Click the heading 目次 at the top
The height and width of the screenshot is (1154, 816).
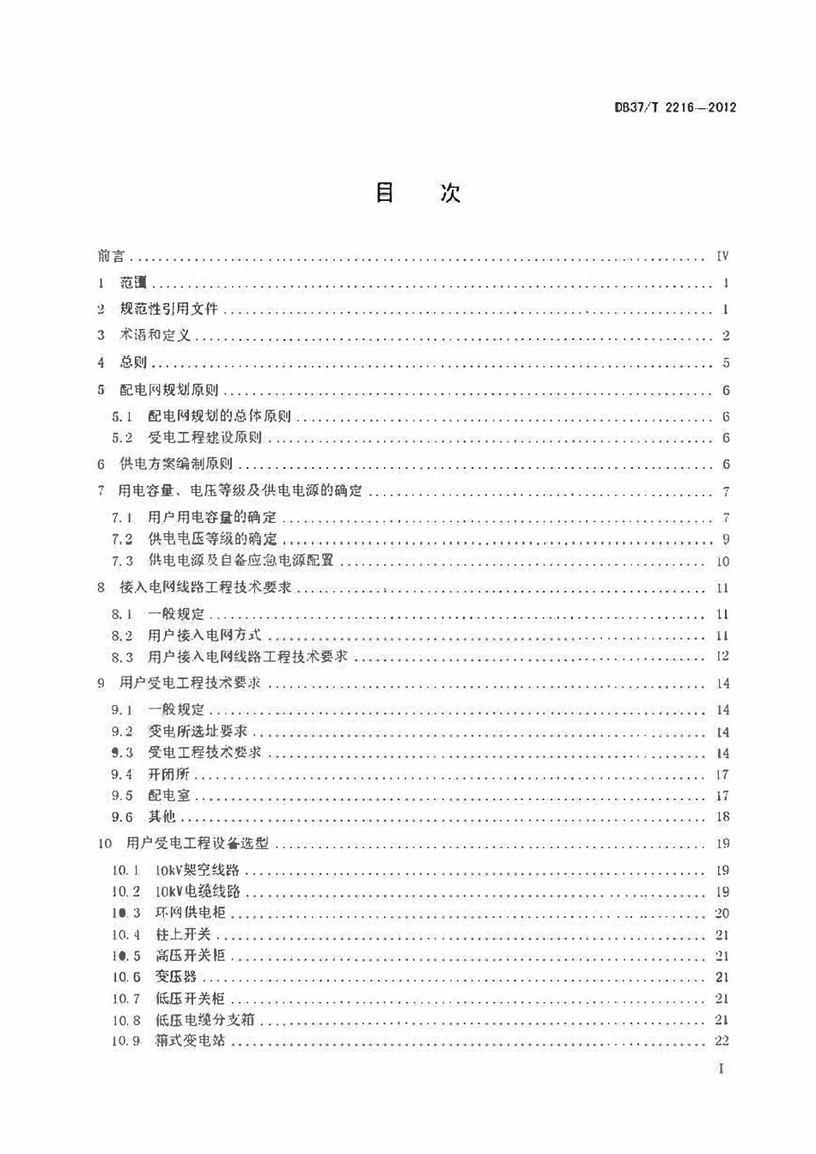418,193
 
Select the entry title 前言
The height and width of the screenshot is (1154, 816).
111,256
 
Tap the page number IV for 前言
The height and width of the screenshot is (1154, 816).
722,256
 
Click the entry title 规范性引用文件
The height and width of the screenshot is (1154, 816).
168,309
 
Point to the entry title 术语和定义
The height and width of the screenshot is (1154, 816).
155,336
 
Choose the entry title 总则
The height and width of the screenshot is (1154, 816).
133,362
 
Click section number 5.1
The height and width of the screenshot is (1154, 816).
122,416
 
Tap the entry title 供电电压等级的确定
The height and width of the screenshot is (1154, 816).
212,539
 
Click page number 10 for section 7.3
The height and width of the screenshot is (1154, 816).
722,562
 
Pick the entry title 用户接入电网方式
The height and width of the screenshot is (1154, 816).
204,635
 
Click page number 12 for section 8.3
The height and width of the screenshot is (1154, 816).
722,657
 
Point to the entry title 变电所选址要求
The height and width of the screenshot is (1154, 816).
198,732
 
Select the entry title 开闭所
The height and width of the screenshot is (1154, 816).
168,774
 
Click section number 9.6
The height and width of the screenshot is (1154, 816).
122,817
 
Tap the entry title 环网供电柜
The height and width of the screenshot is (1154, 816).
190,914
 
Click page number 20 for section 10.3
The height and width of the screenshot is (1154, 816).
722,914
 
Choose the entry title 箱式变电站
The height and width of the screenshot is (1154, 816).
190,1042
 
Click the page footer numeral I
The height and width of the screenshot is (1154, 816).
722,1069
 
